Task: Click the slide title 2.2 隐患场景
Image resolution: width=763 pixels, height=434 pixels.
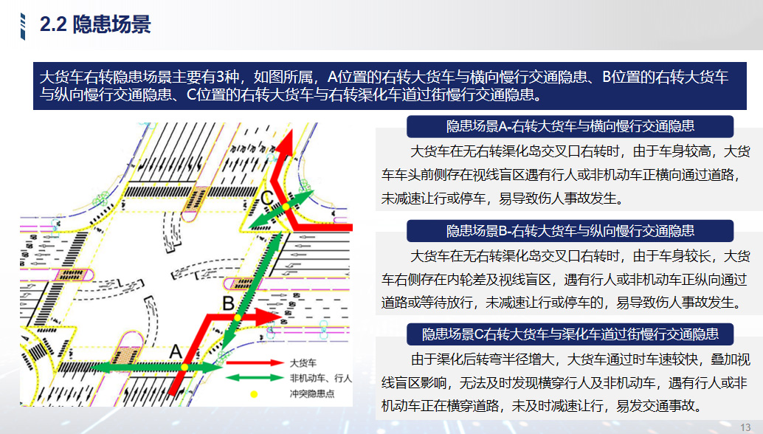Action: click(95, 24)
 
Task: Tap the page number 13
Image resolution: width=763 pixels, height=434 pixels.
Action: click(745, 427)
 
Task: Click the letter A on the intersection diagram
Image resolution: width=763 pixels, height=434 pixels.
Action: click(176, 352)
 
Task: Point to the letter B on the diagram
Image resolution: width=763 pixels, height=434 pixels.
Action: click(228, 303)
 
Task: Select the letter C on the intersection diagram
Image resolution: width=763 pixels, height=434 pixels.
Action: click(267, 199)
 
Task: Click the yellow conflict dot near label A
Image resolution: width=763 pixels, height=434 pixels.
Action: click(184, 367)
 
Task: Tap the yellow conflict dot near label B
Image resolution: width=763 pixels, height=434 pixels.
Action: click(238, 317)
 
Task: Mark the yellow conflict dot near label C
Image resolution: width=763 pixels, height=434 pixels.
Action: click(286, 207)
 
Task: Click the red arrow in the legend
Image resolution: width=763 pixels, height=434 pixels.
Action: click(255, 362)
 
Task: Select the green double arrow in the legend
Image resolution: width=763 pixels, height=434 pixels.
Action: click(255, 378)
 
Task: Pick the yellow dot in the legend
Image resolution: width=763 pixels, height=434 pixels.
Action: click(254, 394)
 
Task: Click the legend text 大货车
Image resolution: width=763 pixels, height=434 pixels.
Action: click(303, 363)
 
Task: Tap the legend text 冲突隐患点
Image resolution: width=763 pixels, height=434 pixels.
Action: click(312, 393)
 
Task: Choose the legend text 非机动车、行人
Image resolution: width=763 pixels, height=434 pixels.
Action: click(321, 378)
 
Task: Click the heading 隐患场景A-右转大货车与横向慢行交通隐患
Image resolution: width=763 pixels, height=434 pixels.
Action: click(570, 126)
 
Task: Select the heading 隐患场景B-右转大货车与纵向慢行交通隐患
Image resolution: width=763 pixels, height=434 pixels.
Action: click(570, 230)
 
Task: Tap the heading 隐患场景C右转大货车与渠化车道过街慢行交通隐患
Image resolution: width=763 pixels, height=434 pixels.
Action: click(570, 334)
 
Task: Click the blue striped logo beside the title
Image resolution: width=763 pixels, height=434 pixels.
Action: click(23, 27)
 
